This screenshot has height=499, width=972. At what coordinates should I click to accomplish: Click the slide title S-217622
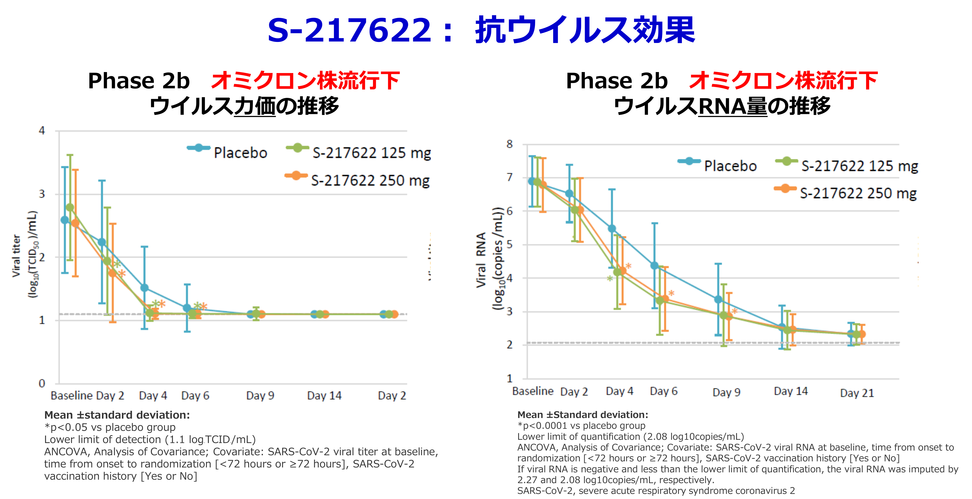[x=349, y=30]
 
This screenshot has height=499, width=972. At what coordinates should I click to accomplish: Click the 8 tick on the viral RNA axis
[x=509, y=144]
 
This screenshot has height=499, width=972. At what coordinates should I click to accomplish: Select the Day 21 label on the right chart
[x=857, y=393]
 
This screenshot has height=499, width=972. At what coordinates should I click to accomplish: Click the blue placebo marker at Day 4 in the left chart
[x=144, y=288]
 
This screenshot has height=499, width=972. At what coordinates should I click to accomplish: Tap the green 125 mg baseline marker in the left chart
[x=70, y=207]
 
